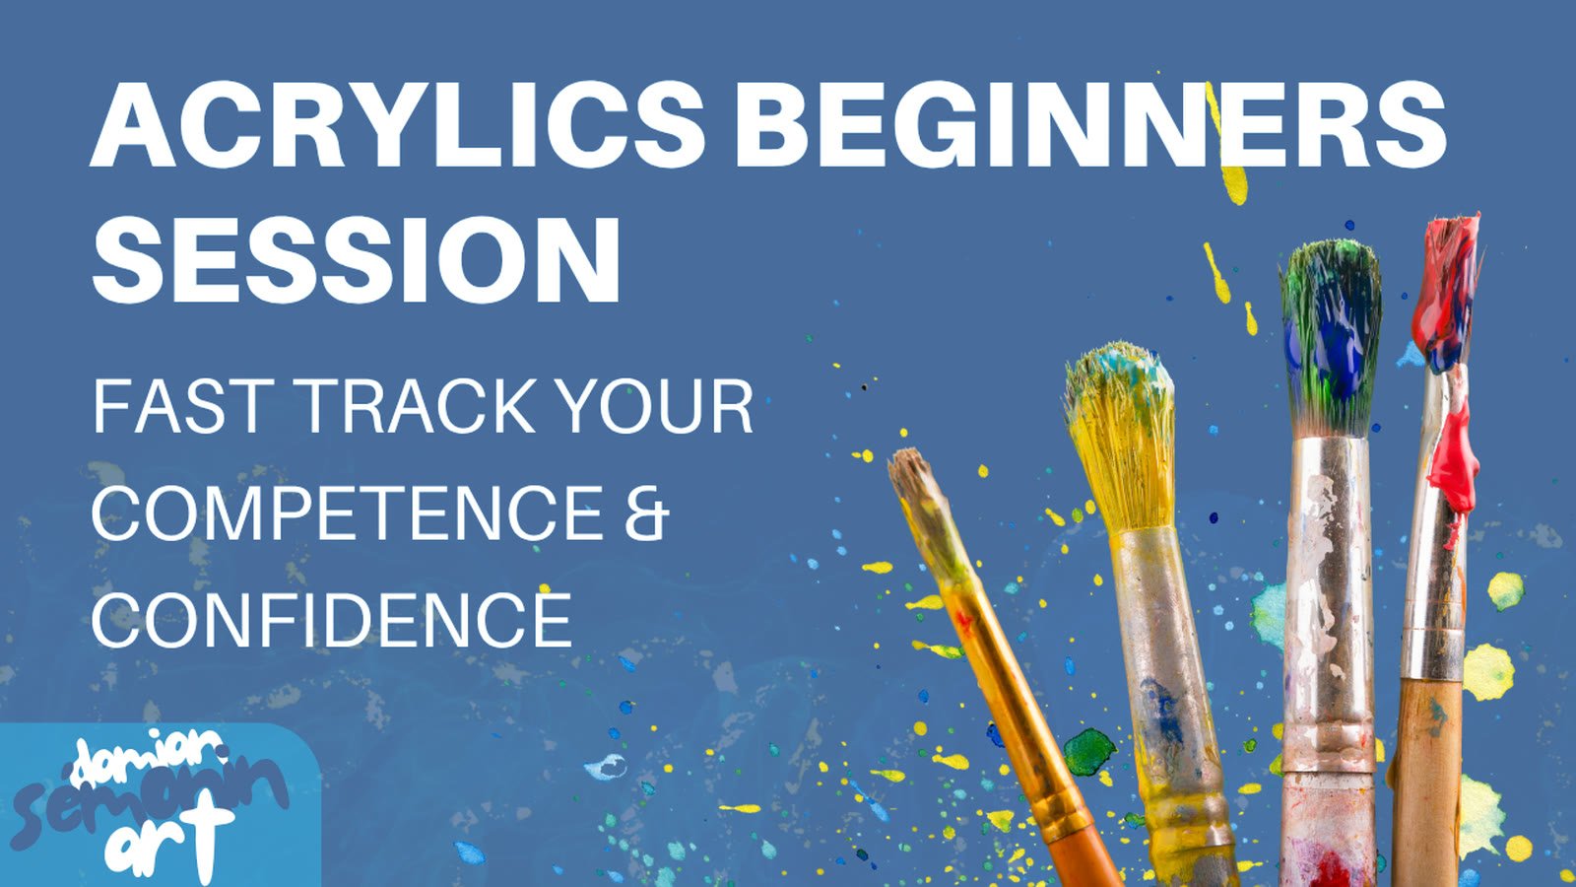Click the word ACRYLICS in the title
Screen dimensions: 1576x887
(398, 124)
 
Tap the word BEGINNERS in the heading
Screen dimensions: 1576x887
(1090, 124)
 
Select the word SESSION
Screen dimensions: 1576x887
(356, 258)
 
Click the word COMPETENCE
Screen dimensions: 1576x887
(348, 513)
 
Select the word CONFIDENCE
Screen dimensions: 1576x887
(331, 620)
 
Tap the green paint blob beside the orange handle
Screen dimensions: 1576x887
(1088, 752)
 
